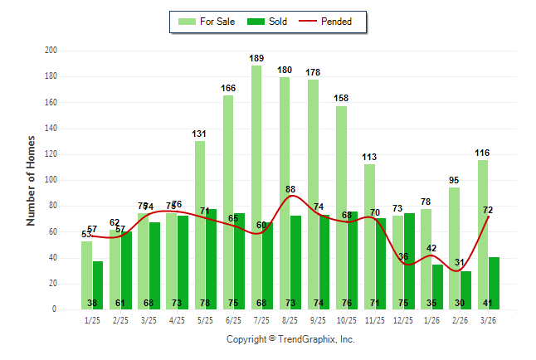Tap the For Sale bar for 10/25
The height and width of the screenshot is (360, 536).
(341, 207)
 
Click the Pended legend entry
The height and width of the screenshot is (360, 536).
(333, 22)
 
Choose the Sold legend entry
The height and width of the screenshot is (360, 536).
(269, 22)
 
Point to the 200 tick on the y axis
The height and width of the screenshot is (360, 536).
(51, 51)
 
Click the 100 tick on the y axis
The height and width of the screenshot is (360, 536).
(51, 180)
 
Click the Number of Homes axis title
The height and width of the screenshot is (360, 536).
(32, 180)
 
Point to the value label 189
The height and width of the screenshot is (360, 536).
(257, 58)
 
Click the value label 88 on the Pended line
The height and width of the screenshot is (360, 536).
(290, 189)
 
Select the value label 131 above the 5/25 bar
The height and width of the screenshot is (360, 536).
(200, 134)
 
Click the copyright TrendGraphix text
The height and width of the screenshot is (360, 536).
(290, 339)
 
